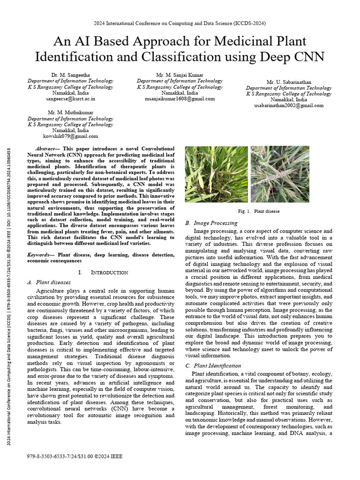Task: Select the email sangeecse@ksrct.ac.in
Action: tap(70, 99)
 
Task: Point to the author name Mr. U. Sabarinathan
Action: tap(289, 82)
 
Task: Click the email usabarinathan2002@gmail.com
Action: tap(289, 105)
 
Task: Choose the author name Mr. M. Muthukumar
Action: tap(70, 112)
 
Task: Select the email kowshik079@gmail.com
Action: tap(70, 136)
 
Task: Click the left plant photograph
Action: tap(217, 174)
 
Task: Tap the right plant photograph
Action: tap(280, 174)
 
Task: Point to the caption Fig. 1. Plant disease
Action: tap(259, 211)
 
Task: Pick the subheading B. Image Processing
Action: tap(211, 223)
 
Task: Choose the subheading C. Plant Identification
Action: tap(213, 366)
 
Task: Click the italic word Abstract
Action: tap(45, 149)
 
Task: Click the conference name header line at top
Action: tap(180, 23)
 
